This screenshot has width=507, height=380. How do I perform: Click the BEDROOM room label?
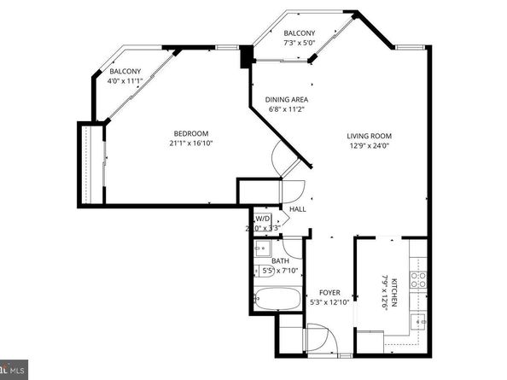[191, 133]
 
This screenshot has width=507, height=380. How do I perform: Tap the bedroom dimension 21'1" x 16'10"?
[191, 144]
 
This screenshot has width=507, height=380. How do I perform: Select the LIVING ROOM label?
[369, 136]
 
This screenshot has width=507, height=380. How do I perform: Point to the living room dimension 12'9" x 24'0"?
[369, 146]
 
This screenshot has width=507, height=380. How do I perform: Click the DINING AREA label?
[287, 99]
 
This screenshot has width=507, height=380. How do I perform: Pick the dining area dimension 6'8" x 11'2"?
[287, 109]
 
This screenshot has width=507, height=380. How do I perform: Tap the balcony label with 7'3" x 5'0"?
[299, 33]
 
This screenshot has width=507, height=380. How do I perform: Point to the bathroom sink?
[260, 250]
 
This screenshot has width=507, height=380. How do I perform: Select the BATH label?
[279, 261]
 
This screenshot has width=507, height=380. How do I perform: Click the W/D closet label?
[263, 219]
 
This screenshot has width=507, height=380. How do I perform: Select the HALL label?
[297, 208]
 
